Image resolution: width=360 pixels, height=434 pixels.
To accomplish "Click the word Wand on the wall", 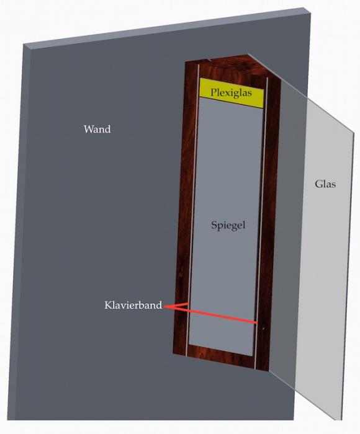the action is pos(97,129).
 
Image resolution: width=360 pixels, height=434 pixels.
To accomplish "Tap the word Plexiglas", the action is pos(231,93).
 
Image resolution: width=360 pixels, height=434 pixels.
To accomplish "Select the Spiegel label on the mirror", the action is pos(228,225).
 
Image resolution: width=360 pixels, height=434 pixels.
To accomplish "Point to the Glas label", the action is pos(325,184).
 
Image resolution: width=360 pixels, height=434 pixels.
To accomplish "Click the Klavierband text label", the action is pos(133,305).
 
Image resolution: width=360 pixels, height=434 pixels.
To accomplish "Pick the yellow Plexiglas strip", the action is pos(232,93).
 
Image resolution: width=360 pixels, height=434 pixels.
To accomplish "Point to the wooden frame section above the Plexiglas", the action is pos(230,69).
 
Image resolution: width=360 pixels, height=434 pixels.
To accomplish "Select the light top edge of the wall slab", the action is pos(166,28).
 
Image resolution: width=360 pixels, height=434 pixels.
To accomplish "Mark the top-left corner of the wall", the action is pos(24,44).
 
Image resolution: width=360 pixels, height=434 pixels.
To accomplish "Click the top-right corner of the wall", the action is pos(310,13).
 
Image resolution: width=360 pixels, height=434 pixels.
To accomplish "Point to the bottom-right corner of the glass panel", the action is pos(342,420).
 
